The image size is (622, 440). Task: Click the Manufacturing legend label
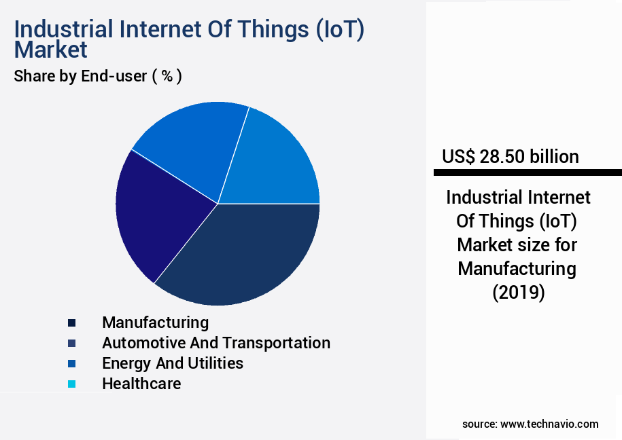155,322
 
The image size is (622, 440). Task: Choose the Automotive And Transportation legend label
215,342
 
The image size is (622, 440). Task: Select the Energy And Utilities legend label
172,363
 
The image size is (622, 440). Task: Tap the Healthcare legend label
141,383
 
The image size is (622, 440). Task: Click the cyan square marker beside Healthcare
71,384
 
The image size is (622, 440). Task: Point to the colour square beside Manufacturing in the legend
71,323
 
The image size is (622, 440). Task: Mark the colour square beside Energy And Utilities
71,363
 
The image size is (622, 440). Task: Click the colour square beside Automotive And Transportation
71,343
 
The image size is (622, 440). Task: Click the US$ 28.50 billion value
510,157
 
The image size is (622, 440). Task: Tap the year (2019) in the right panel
518,293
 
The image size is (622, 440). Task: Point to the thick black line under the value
527,172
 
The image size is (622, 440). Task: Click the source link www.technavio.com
549,424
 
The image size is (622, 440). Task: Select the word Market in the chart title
51,50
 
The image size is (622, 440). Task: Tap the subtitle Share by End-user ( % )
98,76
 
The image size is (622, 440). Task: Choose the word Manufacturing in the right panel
517,268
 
